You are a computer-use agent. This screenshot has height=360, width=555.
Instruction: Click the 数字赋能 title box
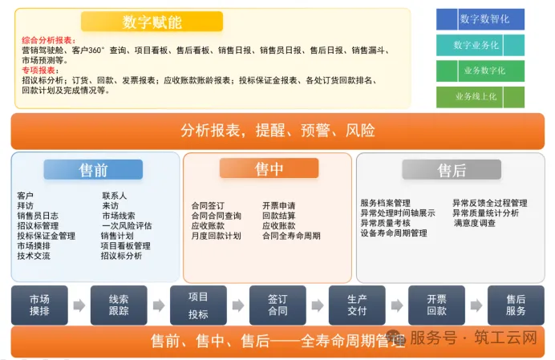[151, 22]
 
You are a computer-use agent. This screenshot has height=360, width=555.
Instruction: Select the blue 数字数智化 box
[480, 18]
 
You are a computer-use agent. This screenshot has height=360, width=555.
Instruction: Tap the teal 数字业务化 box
[480, 45]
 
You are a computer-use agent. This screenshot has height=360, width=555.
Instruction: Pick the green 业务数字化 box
[480, 71]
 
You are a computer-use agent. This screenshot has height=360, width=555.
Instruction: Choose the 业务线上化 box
[480, 97]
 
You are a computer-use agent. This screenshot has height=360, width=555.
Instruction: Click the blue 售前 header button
[93, 170]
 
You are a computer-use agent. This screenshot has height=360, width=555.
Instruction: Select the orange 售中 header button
[269, 168]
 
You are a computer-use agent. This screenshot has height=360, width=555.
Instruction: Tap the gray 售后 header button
[452, 170]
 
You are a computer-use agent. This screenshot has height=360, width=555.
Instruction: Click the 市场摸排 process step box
[39, 305]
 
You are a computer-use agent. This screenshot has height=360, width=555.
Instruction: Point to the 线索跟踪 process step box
[119, 305]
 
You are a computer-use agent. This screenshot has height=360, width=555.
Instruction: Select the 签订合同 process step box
[277, 305]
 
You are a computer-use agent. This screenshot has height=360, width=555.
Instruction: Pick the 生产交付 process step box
[357, 305]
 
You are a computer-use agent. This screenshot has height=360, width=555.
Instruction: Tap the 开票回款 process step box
[436, 305]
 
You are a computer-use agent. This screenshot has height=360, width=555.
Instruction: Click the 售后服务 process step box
[516, 305]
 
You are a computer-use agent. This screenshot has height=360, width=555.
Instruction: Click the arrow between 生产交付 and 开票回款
[397, 305]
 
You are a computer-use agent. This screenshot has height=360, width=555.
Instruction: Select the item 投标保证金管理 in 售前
[46, 237]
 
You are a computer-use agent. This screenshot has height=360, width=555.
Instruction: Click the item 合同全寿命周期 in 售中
[291, 237]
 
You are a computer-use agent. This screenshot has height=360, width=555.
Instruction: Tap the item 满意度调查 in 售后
[475, 223]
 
